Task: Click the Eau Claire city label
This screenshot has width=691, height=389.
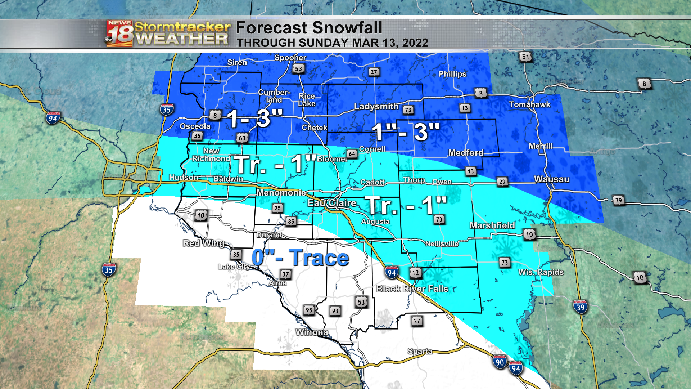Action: pos(331,203)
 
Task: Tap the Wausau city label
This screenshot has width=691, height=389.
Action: pos(551,179)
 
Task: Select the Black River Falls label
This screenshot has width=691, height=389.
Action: pos(412,289)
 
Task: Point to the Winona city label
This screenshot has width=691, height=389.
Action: pos(312,332)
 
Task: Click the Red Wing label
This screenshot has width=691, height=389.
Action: pos(203,243)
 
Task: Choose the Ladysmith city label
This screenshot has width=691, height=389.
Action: pos(376,107)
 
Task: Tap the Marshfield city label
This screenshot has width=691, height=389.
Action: pos(492,225)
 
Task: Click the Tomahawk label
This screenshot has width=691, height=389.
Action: pos(529,104)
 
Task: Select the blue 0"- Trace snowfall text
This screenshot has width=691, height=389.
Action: pos(300,258)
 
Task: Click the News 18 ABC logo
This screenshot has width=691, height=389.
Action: pos(119,34)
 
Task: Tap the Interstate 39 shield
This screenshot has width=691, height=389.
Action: pos(580,307)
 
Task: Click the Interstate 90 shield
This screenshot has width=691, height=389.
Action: pos(500,362)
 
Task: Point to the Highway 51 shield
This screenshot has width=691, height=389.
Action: pos(526,57)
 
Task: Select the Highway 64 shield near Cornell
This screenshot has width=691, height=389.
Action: pos(352,154)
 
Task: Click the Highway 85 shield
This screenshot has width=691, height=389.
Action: pos(291,221)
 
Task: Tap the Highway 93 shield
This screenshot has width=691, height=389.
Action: pos(335,311)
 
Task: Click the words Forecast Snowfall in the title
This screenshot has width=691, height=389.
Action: pos(309,28)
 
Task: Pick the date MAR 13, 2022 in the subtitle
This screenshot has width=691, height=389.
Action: pos(390,43)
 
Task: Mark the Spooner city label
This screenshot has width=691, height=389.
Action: pos(290,58)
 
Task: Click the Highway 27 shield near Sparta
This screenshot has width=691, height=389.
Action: pos(417,321)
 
